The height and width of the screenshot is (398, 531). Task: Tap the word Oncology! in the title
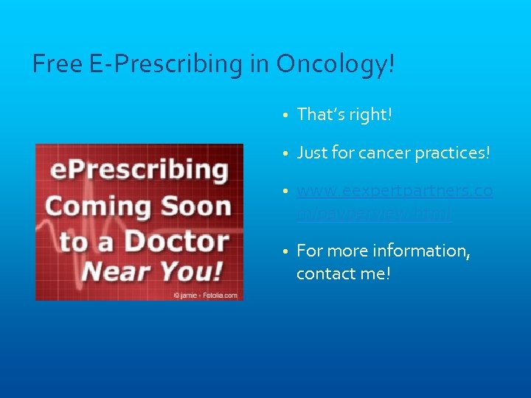point(336,65)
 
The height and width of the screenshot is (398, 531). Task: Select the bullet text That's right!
point(344,114)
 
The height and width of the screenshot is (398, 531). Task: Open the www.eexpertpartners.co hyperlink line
point(395,192)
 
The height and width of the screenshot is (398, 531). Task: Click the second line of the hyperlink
point(375,213)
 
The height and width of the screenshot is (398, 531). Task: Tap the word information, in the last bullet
point(427,251)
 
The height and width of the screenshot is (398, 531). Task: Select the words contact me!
point(343,273)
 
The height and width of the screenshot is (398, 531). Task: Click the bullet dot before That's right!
point(285,115)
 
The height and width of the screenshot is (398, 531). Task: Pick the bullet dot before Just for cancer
point(285,153)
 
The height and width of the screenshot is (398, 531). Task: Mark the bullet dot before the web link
point(285,192)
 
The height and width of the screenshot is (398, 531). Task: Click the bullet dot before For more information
point(285,251)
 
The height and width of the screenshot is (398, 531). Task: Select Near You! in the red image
point(152,271)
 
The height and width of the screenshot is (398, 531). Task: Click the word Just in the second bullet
point(310,153)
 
